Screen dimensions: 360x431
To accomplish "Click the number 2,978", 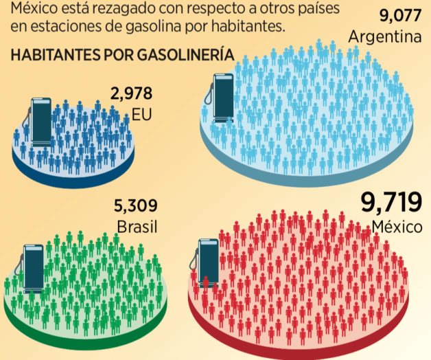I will tap(131, 93).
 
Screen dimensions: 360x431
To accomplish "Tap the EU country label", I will tap(142, 113).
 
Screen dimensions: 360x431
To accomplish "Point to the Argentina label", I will tap(384, 36).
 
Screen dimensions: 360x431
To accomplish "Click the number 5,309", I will tap(137, 205).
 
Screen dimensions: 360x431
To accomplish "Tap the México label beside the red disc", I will tap(396, 227).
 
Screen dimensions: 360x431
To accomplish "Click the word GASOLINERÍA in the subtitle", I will tap(192, 55).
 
